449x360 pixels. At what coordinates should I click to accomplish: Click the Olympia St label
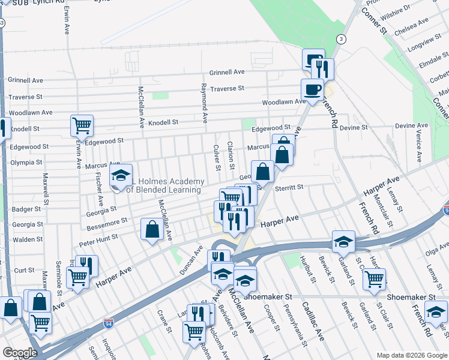(x=26, y=163)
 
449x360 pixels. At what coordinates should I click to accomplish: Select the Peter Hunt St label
(x=98, y=241)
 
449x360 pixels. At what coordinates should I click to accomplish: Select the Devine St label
(x=354, y=128)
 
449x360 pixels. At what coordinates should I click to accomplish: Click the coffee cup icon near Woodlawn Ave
(x=312, y=90)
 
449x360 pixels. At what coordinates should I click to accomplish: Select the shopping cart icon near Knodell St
(x=82, y=126)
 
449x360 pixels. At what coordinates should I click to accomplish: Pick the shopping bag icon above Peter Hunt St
(x=152, y=229)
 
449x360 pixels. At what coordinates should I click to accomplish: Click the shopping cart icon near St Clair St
(x=374, y=278)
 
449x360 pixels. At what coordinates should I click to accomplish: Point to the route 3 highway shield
(x=342, y=39)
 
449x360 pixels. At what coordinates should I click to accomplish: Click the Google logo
(x=20, y=353)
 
